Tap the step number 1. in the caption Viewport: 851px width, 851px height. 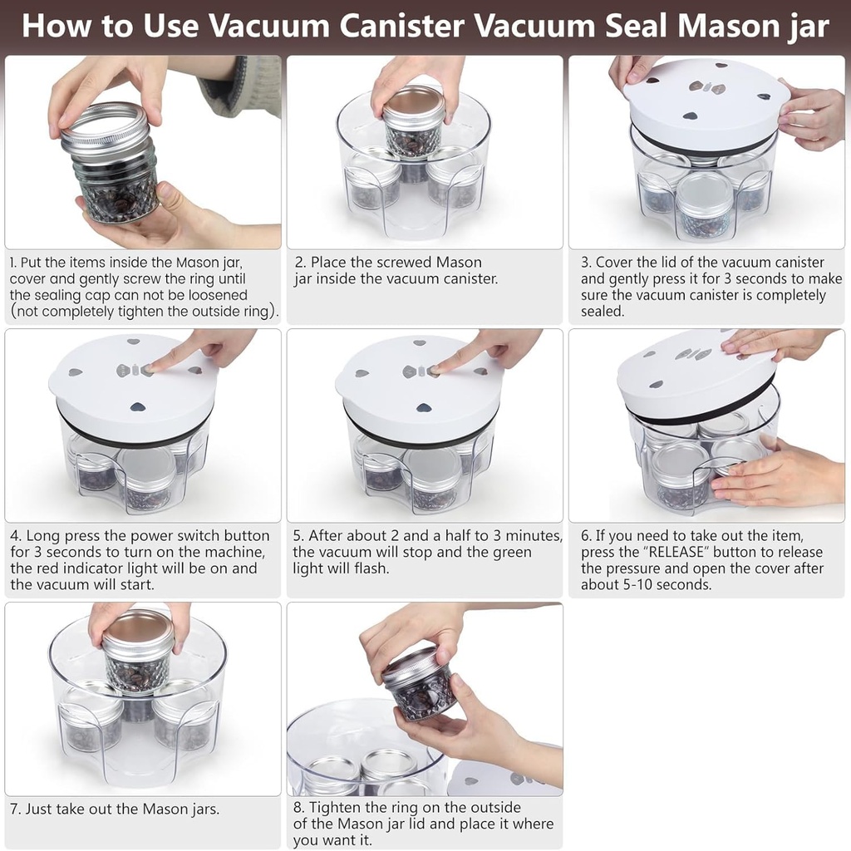point(13,263)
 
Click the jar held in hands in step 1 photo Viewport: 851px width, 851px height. point(113,166)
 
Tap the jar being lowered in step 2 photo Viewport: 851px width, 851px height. point(413,125)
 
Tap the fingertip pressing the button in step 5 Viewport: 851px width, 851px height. point(438,368)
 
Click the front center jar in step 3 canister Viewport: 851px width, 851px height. point(703,205)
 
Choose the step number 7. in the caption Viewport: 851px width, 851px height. point(15,809)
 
